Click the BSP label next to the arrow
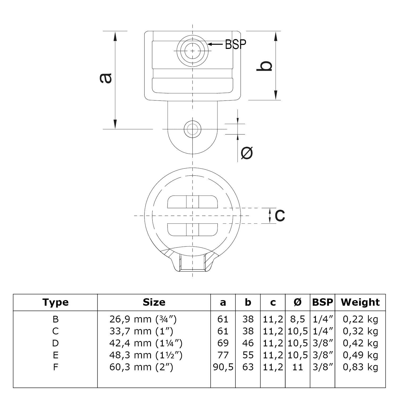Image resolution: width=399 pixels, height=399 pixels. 235,44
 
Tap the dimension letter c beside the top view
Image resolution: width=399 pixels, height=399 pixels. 280,215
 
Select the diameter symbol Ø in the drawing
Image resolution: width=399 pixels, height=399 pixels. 247,153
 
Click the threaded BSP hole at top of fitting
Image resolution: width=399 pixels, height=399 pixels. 192,51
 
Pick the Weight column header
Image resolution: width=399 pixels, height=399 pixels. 360,302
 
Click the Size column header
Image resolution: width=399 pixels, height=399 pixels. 154,302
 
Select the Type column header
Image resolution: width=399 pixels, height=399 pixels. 55,302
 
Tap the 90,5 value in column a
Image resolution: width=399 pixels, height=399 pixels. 223,367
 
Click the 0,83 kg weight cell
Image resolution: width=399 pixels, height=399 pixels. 360,367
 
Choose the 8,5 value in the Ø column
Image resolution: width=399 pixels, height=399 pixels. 297,319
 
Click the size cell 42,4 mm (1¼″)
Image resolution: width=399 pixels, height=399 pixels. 146,343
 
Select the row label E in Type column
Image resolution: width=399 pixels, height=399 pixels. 55,355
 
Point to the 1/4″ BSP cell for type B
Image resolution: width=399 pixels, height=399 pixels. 322,319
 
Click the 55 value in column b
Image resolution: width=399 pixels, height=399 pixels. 248,355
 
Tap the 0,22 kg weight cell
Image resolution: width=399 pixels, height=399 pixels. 360,319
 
